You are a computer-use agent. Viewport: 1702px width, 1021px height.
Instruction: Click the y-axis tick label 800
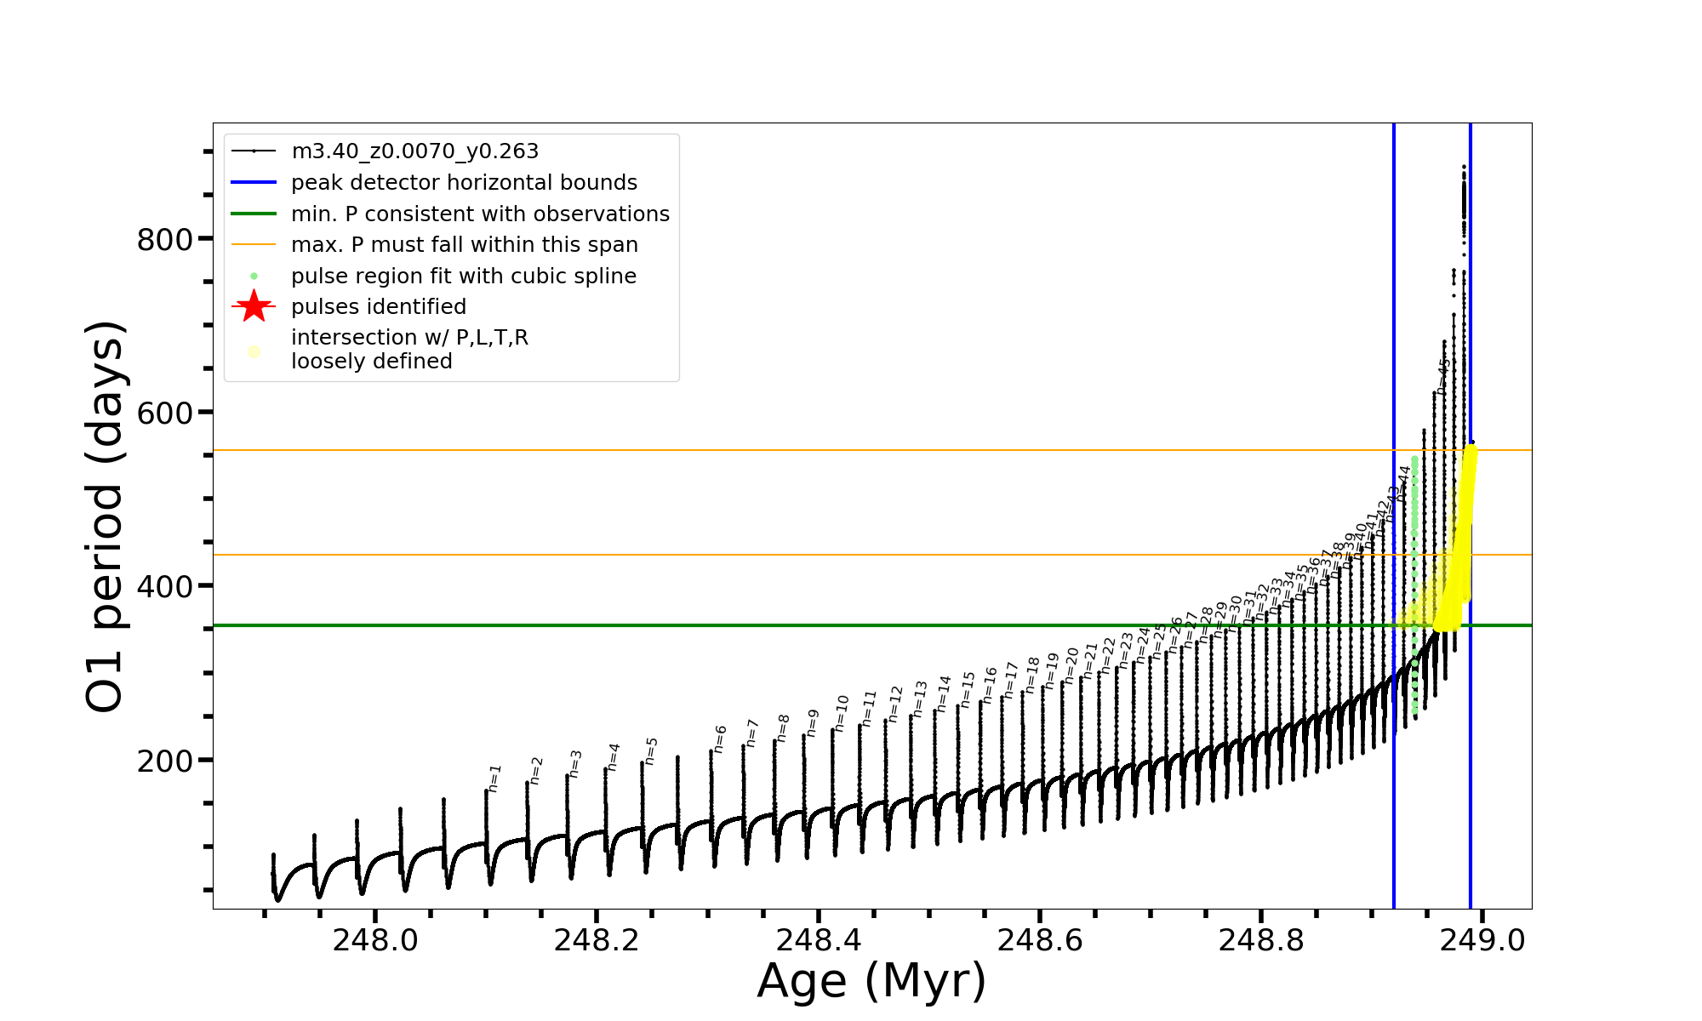pyautogui.click(x=165, y=240)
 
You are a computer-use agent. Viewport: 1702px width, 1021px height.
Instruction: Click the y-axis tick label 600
pyautogui.click(x=165, y=414)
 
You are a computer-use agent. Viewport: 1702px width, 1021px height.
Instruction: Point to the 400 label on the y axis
pyautogui.click(x=165, y=587)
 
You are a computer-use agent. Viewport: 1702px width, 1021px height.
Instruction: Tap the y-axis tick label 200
pyautogui.click(x=165, y=761)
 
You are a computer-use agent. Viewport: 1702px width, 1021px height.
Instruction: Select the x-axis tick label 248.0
pyautogui.click(x=375, y=940)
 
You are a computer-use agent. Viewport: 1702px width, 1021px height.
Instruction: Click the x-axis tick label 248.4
pyautogui.click(x=819, y=940)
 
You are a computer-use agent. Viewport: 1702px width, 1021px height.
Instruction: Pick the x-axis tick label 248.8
pyautogui.click(x=1261, y=940)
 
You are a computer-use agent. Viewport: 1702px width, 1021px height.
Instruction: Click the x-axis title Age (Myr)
pyautogui.click(x=871, y=981)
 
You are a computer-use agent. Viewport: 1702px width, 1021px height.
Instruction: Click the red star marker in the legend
pyautogui.click(x=254, y=306)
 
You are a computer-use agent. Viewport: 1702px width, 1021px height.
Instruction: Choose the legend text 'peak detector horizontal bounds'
pyautogui.click(x=464, y=183)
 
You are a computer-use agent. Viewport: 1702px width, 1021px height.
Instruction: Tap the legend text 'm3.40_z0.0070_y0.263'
pyautogui.click(x=414, y=151)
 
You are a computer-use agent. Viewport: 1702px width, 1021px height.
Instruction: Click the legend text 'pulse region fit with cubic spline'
pyautogui.click(x=463, y=277)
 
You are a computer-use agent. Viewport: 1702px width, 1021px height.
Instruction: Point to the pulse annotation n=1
pyautogui.click(x=495, y=778)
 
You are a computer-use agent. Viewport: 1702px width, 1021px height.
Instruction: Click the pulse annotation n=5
pyautogui.click(x=652, y=750)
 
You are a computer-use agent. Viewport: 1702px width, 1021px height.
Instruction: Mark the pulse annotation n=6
pyautogui.click(x=721, y=739)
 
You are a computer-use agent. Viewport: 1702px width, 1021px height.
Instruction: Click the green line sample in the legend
pyautogui.click(x=254, y=214)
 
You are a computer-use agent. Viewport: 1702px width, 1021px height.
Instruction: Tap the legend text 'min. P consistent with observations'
pyautogui.click(x=480, y=214)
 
